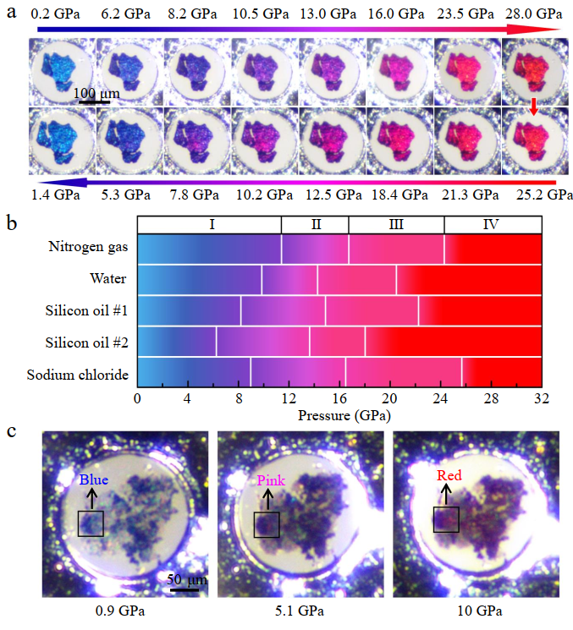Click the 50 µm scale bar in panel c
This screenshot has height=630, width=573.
tap(183, 589)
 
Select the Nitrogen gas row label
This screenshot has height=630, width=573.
tap(90, 248)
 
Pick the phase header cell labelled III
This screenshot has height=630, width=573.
tap(396, 224)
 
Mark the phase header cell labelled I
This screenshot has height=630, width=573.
tap(209, 224)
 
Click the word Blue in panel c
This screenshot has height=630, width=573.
tap(94, 481)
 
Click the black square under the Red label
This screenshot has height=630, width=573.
tap(446, 519)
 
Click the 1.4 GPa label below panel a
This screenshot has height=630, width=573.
tap(55, 196)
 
